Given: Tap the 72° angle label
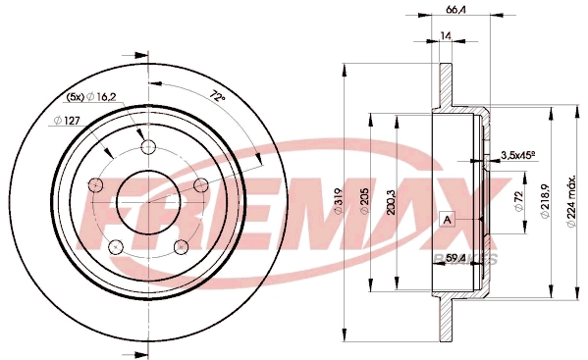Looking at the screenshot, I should coord(218,96).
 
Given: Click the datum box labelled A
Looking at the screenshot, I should coord(446,219).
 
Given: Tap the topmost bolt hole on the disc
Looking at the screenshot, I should coord(149,148).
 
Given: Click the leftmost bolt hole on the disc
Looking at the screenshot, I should coord(95,186).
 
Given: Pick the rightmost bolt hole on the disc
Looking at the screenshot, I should coord(202,186).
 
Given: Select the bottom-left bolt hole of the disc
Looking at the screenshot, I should coord(116,246).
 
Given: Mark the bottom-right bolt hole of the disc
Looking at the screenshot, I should coord(183,246).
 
